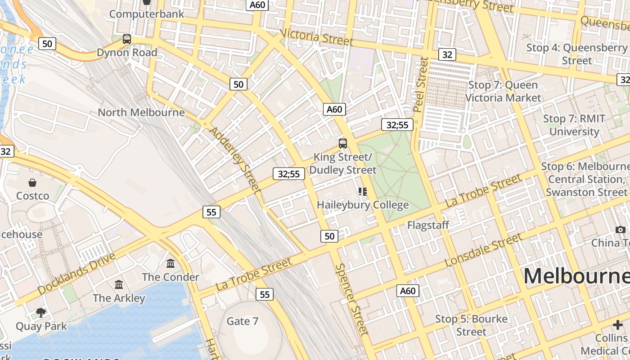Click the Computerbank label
[147, 14]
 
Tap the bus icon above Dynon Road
[127, 39]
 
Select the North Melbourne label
[141, 112]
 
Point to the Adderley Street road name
[235, 159]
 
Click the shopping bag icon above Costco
[32, 183]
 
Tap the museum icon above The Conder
[171, 263]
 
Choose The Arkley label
[119, 298]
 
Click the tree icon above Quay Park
[41, 312]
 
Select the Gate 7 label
[243, 321]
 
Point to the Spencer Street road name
[351, 299]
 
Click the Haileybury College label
[363, 205]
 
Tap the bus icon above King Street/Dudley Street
[343, 144]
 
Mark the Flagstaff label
[428, 225]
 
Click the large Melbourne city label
[576, 275]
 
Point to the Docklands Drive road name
[76, 274]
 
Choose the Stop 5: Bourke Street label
[471, 325]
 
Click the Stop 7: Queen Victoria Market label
[503, 91]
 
